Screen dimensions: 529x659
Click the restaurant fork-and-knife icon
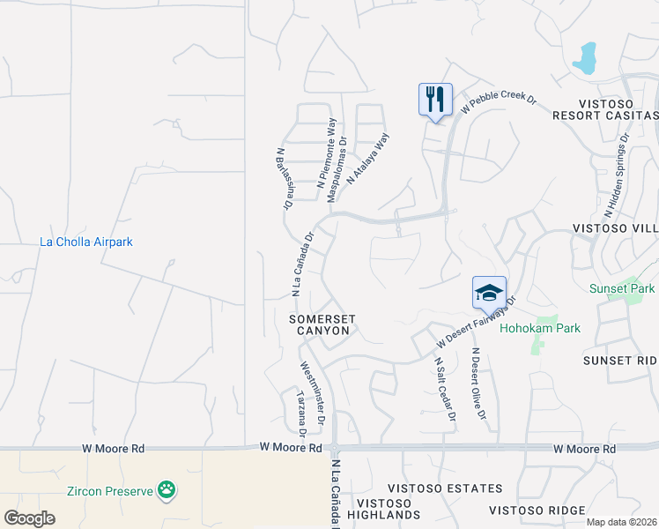[435, 99]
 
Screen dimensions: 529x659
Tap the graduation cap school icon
[489, 292]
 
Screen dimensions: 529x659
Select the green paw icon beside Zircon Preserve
[166, 489]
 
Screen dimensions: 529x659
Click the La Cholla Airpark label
[87, 242]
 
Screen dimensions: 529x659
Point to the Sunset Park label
[622, 288]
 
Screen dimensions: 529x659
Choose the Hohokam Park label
[540, 329]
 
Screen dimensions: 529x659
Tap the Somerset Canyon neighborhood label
[322, 324]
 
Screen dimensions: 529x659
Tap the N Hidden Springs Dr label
[616, 176]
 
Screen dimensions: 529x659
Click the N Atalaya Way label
[368, 159]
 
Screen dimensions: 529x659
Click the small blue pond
[584, 58]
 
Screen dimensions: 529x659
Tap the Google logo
[29, 518]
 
